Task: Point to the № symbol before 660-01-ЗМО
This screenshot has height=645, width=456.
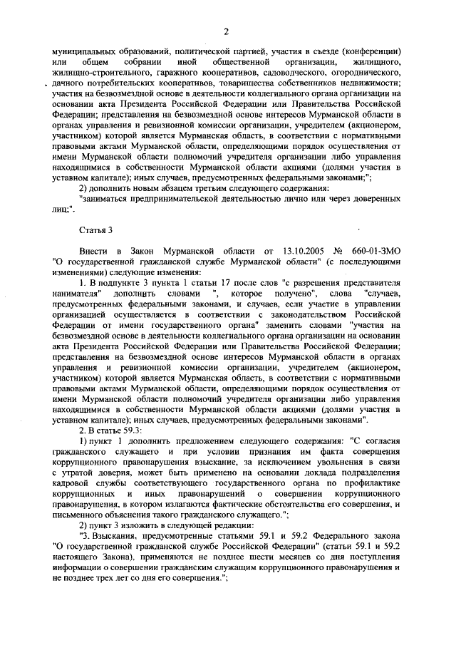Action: [338, 250]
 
